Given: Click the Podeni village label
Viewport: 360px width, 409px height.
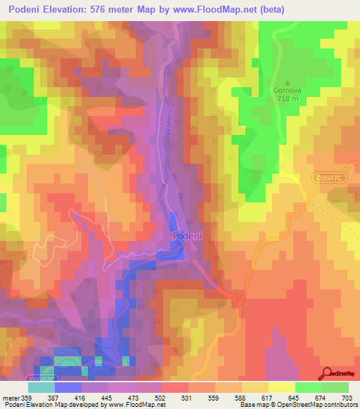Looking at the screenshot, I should (x=188, y=237).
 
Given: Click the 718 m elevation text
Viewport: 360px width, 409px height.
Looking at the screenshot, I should (x=288, y=99).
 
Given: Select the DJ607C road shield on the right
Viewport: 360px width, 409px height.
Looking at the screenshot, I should (x=329, y=178).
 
